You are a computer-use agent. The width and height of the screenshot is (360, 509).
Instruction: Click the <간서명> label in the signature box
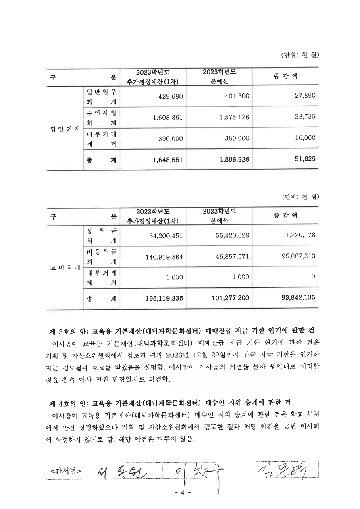66,471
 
